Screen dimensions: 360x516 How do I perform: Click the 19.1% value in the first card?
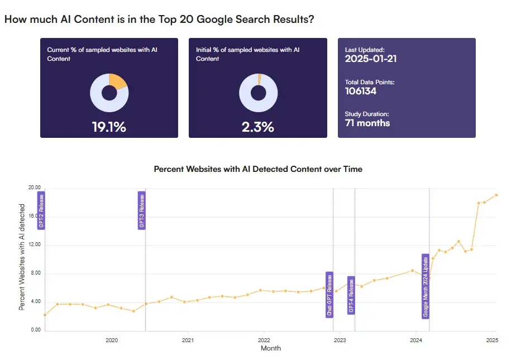(x=109, y=127)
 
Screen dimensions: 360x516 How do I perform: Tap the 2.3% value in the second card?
(x=258, y=127)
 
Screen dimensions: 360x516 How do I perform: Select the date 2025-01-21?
(x=371, y=59)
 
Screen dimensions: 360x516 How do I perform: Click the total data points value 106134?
(x=361, y=91)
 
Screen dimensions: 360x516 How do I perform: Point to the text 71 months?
(x=367, y=123)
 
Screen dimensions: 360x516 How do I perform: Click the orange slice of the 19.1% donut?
(x=117, y=81)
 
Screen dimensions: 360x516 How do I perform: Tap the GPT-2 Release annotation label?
(x=41, y=210)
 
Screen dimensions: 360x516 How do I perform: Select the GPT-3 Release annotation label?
(x=141, y=210)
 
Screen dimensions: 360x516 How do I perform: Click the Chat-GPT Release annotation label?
(x=329, y=295)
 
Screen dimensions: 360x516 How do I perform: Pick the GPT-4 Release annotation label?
(x=351, y=295)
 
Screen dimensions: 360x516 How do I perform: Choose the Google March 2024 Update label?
(x=426, y=286)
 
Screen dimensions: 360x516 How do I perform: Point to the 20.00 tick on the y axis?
(x=35, y=188)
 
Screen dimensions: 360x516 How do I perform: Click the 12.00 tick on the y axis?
(x=35, y=245)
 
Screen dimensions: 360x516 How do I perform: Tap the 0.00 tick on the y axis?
(x=36, y=330)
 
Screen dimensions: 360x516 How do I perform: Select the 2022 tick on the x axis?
(x=264, y=340)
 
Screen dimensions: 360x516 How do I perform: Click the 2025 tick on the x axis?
(x=492, y=340)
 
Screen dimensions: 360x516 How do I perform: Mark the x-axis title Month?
(x=271, y=348)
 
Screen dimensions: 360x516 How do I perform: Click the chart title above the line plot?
(x=258, y=169)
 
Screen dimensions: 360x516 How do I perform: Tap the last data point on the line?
(x=496, y=195)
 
